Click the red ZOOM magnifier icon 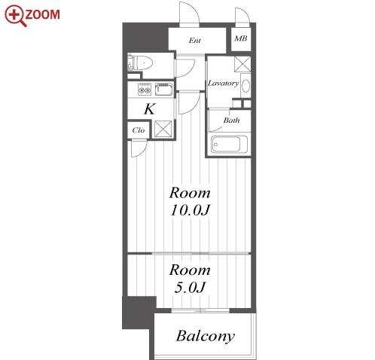click(15, 15)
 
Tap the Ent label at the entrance click(195, 41)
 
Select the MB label click(241, 38)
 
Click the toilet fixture click(140, 63)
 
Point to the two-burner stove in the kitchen click(145, 89)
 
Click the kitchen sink click(163, 89)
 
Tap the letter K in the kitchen click(150, 109)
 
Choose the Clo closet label click(139, 130)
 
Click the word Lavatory click(223, 83)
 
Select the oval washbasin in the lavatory click(246, 86)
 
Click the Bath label click(231, 121)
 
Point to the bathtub click(229, 145)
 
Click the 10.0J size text click(190, 210)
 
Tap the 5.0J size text click(190, 287)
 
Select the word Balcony click(206, 337)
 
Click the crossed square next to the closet click(163, 129)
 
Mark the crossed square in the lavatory click(242, 64)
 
